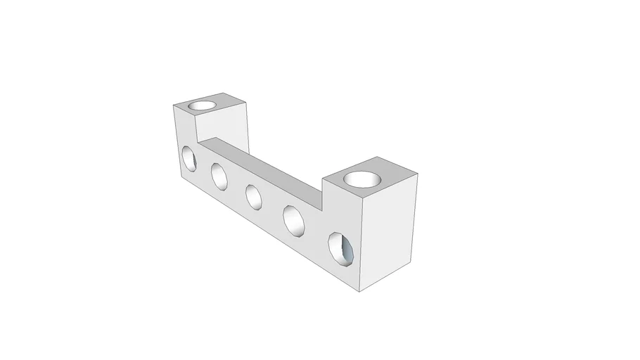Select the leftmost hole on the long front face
tap(189, 157)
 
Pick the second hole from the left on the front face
tap(219, 176)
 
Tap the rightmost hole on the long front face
tap(340, 249)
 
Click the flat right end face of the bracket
tap(389, 232)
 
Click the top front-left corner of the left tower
tap(174, 105)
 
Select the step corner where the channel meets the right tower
tap(322, 195)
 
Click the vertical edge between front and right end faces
tap(361, 246)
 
